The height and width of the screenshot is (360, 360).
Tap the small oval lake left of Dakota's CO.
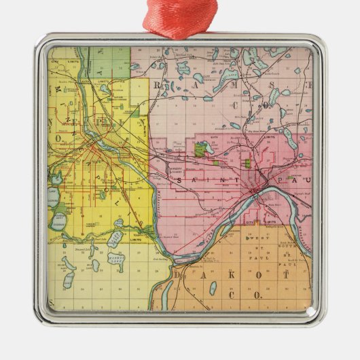pyautogui.click(x=213, y=287)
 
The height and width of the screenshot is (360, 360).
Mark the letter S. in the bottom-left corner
pyautogui.click(x=52, y=302)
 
